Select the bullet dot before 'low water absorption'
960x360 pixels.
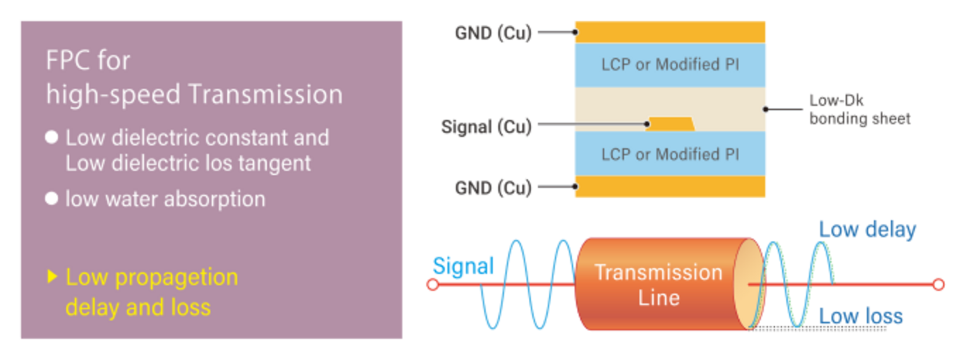[52, 199]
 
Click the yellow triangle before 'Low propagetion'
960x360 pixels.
[52, 277]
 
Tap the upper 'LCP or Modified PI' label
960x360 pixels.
[670, 64]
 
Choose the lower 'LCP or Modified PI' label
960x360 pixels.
[670, 154]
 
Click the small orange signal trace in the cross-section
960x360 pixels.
[670, 124]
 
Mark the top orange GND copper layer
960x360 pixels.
[670, 32]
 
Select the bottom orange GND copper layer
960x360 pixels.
[670, 186]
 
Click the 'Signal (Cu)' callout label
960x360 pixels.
[486, 128]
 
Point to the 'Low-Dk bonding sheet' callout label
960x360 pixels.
[860, 110]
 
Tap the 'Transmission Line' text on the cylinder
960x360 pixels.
[659, 284]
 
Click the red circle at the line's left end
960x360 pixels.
[433, 284]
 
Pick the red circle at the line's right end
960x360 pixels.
[938, 284]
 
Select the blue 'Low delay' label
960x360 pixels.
[868, 230]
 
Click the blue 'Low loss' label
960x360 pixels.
[860, 317]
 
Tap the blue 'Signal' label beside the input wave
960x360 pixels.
[463, 265]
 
